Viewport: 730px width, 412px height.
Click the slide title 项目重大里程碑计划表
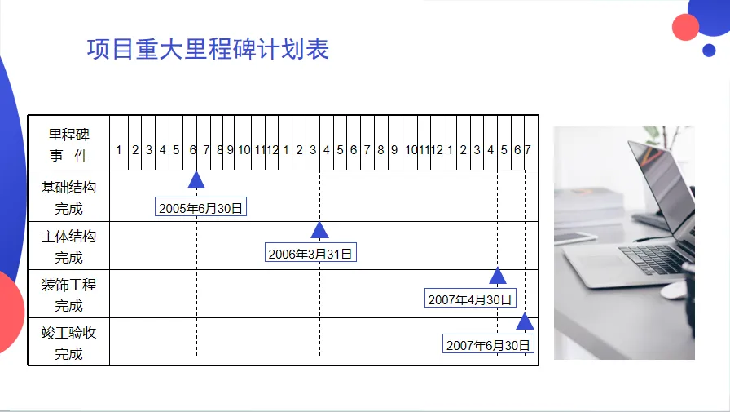[x=208, y=49]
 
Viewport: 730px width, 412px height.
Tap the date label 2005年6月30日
[x=200, y=208]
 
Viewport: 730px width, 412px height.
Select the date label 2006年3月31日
[x=311, y=254]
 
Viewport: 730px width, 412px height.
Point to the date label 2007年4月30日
[x=470, y=299]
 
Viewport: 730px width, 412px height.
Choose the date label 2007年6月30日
[x=488, y=345]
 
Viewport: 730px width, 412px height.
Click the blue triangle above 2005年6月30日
[x=196, y=180]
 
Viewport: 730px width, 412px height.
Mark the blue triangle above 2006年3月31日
[x=319, y=231]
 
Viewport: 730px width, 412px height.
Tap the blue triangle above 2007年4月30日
[x=498, y=277]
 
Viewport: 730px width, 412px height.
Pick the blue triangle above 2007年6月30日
[x=525, y=321]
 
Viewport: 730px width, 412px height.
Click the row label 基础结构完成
[x=68, y=197]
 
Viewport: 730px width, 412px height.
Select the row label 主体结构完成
[x=68, y=246]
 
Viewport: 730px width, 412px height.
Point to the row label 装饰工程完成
[x=68, y=295]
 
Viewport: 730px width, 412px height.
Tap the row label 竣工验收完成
[x=68, y=343]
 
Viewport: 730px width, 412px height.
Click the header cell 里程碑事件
[x=68, y=144]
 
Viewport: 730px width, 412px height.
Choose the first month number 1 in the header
[x=118, y=150]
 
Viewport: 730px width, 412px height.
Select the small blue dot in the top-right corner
[x=709, y=50]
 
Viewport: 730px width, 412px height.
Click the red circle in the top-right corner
[x=686, y=27]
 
